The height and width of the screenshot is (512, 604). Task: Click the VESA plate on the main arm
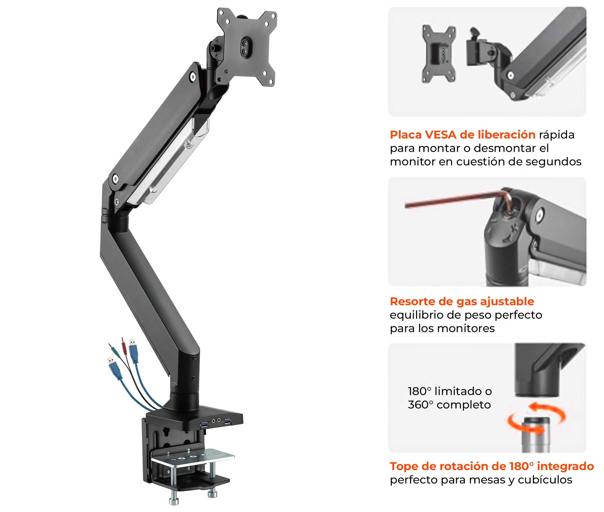coord(246,47)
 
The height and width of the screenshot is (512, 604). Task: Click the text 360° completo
coord(449,405)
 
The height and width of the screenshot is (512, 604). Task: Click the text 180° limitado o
coord(450,391)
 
